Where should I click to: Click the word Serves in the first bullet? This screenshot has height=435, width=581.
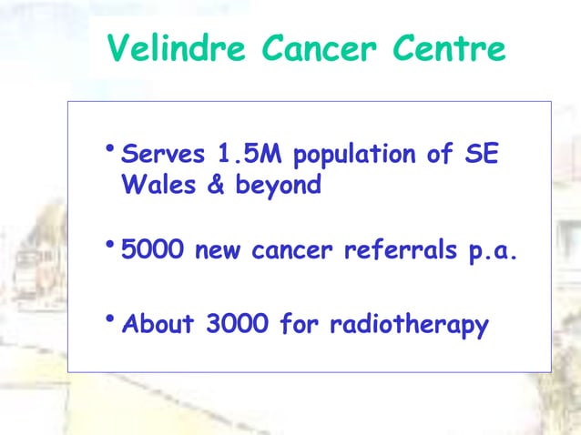(x=160, y=153)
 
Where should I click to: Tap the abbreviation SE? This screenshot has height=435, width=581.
(x=481, y=153)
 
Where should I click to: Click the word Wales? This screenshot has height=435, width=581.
(x=155, y=185)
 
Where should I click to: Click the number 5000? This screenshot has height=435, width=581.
(x=152, y=251)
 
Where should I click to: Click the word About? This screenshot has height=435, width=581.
(x=158, y=323)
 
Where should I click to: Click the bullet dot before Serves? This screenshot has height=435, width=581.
(x=109, y=148)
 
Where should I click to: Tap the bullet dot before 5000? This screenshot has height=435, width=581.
(x=109, y=245)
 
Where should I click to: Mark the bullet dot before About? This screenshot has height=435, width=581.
(x=109, y=318)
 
